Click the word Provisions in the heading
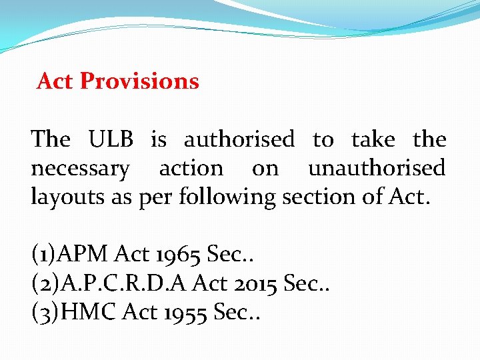[139, 81]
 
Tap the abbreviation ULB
[111, 139]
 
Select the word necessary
[80, 169]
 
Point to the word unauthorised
[377, 168]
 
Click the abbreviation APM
[85, 253]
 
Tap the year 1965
[178, 253]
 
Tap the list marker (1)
[44, 253]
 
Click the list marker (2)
[45, 283]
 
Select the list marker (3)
[45, 312]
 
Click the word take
[373, 139]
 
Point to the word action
[191, 168]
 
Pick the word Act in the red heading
[55, 81]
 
